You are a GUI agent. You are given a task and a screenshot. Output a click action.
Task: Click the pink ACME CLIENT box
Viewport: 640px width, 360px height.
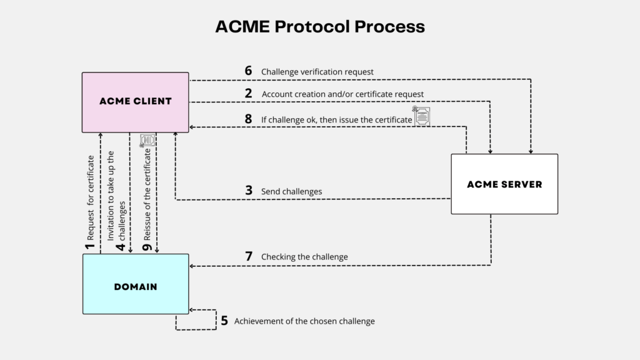[x=135, y=102]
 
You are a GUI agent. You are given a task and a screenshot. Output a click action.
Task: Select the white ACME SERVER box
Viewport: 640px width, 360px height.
[x=504, y=184]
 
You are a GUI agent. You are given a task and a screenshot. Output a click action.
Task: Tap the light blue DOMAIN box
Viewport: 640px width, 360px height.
[x=135, y=286]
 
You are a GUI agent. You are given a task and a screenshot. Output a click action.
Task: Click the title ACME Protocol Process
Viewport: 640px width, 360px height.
[x=319, y=26]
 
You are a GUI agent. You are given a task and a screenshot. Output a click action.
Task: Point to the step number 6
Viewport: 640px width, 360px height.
[x=248, y=71]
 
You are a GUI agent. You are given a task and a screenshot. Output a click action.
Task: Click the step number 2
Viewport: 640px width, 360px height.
[x=248, y=93]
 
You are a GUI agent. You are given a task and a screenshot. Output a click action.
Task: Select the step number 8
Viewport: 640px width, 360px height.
[x=248, y=119]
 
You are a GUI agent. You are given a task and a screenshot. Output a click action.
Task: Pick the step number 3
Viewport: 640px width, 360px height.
[x=248, y=191]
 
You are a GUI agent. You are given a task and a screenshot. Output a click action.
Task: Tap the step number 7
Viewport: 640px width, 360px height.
[x=248, y=256]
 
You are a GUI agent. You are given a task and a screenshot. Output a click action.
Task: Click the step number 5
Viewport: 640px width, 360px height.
[x=224, y=321]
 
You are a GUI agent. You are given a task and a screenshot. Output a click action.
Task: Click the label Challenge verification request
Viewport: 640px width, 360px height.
[x=317, y=72]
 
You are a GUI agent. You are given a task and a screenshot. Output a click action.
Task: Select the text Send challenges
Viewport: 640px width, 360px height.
[x=291, y=191]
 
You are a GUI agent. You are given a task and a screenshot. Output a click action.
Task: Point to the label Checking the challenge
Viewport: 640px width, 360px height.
[x=304, y=257]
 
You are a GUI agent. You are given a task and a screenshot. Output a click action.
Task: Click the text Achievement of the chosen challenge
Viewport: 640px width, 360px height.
[x=304, y=321]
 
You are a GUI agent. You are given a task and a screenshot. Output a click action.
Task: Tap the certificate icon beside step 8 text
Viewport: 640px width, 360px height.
[x=422, y=116]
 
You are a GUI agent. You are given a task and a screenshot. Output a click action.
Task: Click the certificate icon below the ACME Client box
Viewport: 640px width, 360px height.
[x=147, y=141]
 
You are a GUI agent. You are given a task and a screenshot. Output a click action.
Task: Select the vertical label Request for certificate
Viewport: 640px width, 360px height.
[x=91, y=199]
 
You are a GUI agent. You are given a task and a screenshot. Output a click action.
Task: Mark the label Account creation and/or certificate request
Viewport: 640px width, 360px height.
[x=342, y=94]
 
